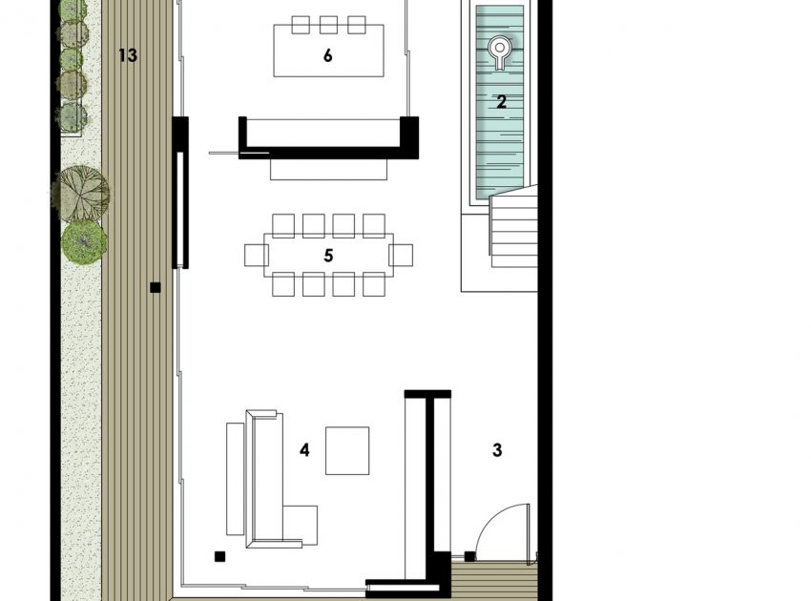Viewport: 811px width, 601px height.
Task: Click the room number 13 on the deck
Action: pos(128,54)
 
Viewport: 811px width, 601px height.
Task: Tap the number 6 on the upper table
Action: pos(327,55)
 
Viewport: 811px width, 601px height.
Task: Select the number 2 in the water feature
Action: pos(501,102)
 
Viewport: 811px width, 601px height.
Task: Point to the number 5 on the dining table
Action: pos(328,256)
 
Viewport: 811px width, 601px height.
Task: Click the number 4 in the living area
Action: pos(304,450)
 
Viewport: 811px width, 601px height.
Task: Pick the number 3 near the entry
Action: pos(497,450)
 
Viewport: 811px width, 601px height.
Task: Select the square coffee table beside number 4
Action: pos(347,450)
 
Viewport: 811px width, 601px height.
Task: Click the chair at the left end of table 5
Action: pos(256,256)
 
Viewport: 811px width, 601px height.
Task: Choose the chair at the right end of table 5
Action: pos(401,256)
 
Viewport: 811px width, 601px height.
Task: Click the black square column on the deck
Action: pos(156,287)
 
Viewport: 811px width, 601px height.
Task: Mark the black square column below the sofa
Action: pos(219,556)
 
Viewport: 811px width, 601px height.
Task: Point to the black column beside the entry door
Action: pos(469,556)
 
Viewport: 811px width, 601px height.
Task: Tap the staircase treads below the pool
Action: pos(513,228)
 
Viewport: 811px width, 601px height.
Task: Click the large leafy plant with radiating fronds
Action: pos(81,193)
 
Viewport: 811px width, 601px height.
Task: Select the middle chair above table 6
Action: pos(328,25)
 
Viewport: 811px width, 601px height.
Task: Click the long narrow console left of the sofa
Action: pos(236,479)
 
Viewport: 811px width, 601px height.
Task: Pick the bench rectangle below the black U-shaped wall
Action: pos(328,170)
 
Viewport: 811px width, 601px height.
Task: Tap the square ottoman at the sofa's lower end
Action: pos(300,525)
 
